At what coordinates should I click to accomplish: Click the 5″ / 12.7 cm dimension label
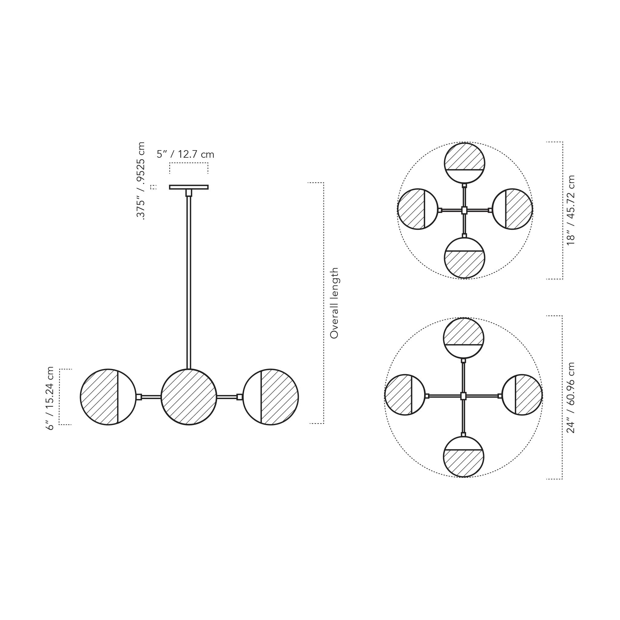(185, 154)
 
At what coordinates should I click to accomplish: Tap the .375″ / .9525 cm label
(140, 181)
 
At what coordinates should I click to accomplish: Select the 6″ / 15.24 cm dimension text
(51, 398)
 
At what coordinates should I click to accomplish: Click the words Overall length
(334, 303)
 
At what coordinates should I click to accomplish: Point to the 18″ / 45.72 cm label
(571, 210)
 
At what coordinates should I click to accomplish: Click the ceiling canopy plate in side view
(189, 187)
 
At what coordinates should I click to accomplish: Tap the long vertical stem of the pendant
(189, 282)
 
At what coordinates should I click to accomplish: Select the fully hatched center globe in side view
(189, 397)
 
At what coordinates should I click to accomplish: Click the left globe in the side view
(108, 397)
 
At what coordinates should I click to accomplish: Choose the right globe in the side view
(271, 397)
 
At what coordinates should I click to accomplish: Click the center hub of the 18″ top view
(464, 210)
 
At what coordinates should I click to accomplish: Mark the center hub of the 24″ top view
(463, 396)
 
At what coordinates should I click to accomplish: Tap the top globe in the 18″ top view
(464, 163)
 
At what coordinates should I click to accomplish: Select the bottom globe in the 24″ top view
(463, 457)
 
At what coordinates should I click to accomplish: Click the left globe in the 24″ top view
(405, 395)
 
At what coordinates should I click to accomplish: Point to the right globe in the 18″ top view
(512, 209)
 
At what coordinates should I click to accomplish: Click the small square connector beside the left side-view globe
(139, 397)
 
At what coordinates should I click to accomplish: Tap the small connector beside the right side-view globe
(239, 397)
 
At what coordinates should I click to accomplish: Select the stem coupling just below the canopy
(189, 193)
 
